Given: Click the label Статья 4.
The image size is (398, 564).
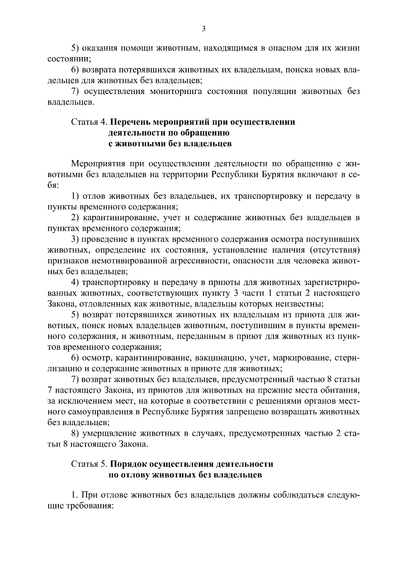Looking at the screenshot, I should [x=89, y=122].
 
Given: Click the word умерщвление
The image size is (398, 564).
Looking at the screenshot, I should [x=111, y=433].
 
